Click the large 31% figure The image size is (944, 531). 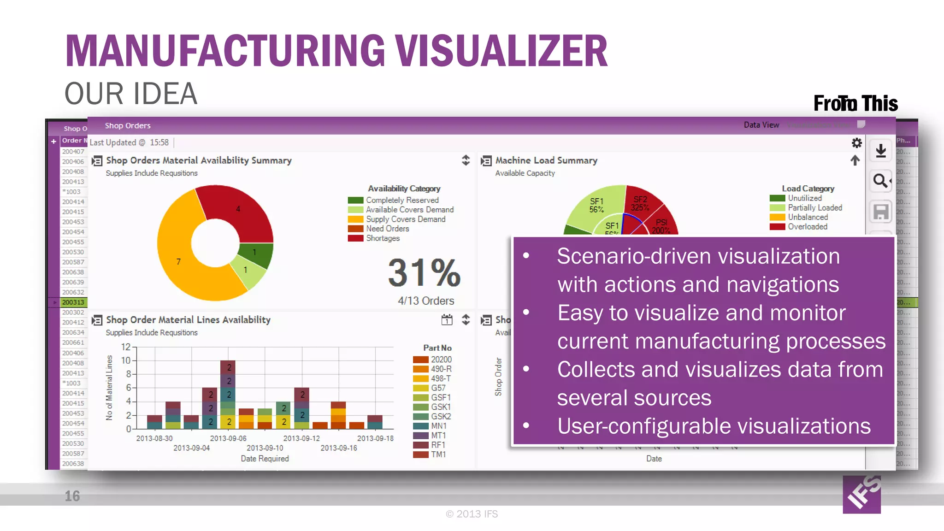point(424,272)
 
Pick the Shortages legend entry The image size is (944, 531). point(383,238)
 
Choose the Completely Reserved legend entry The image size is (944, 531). point(402,200)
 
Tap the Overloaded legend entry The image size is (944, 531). point(807,227)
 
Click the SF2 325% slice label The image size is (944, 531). point(640,203)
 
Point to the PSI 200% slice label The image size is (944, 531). point(661,226)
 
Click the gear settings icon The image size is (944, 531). point(856,143)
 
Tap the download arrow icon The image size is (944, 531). point(881,151)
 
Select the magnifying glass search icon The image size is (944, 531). point(880,181)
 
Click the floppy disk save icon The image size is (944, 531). point(881,212)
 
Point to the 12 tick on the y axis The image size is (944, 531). point(126,347)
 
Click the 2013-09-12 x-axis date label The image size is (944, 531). point(301,438)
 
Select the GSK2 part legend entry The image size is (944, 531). point(441,416)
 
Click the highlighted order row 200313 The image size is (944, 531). point(73,302)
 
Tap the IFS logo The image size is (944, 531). point(862,495)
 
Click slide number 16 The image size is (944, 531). point(72,496)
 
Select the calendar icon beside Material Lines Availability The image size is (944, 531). point(447,320)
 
